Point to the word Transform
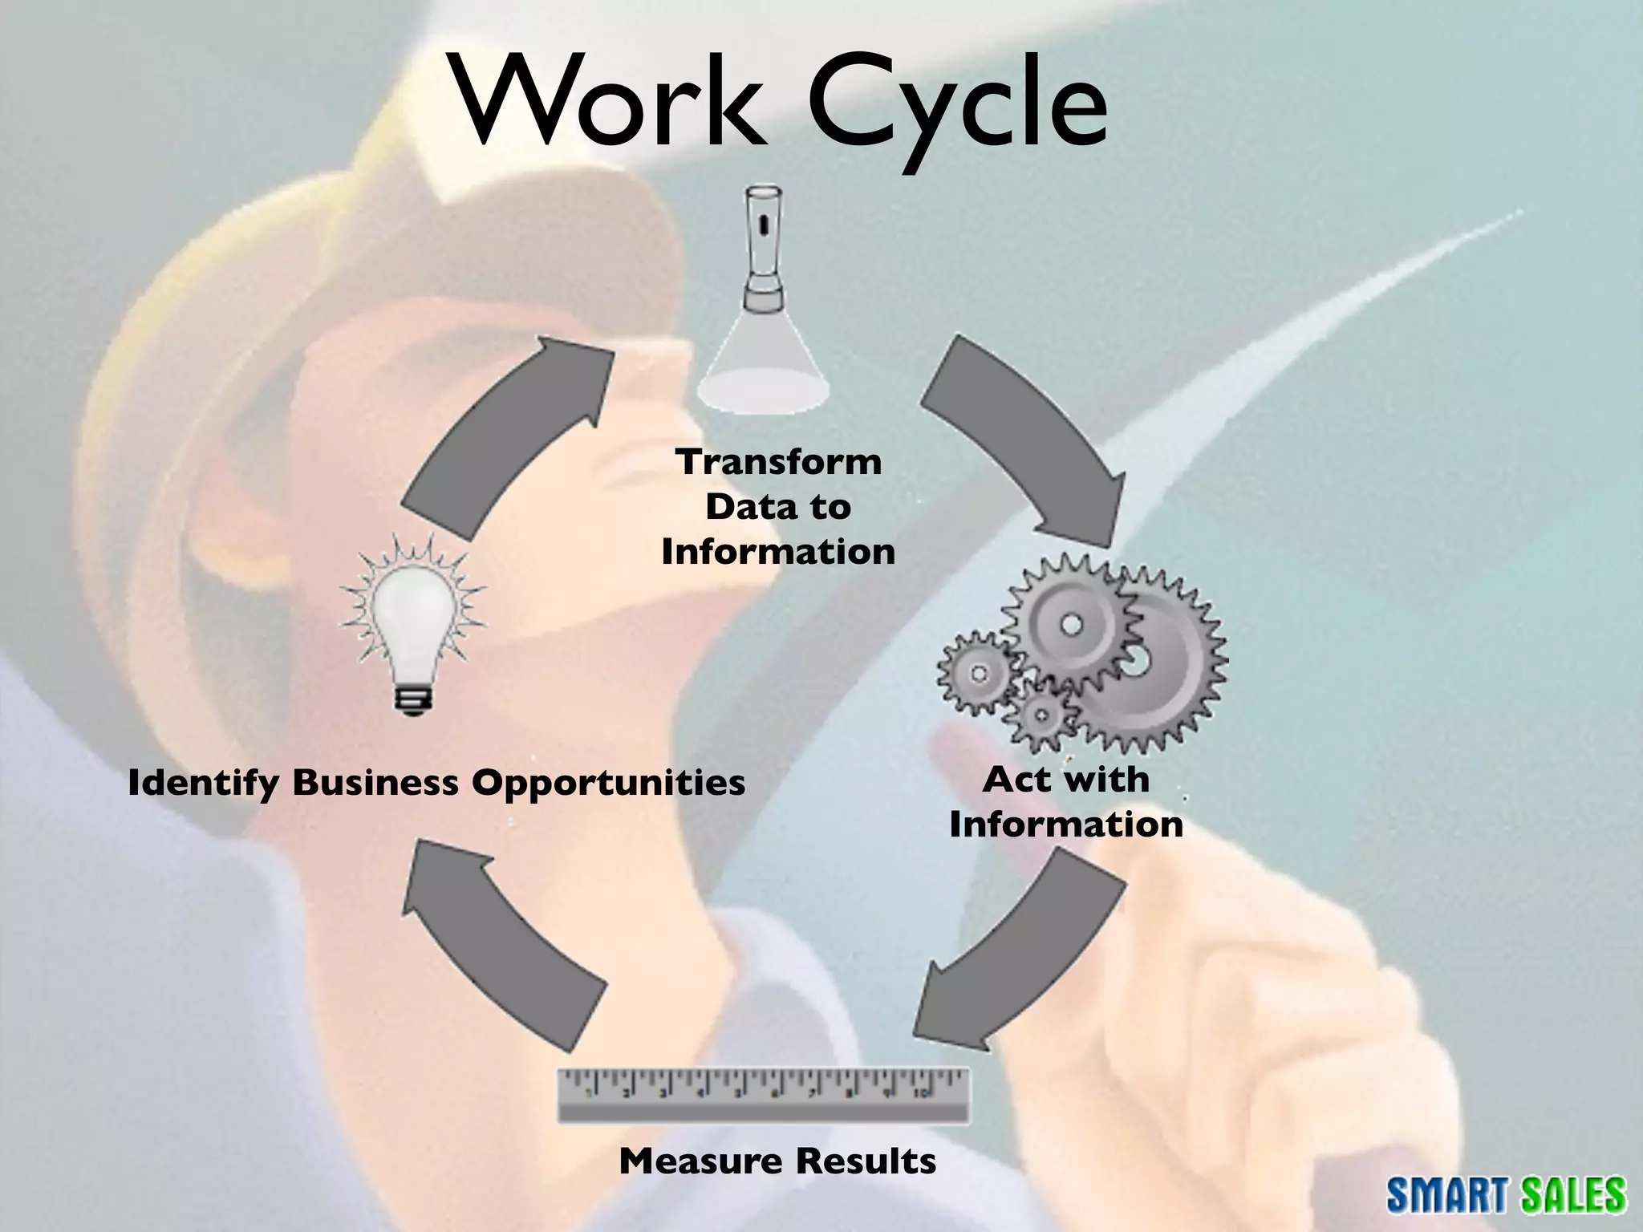778,463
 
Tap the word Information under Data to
778,552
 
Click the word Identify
205,783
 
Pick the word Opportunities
608,783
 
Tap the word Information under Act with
1066,825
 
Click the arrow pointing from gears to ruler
1023,954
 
